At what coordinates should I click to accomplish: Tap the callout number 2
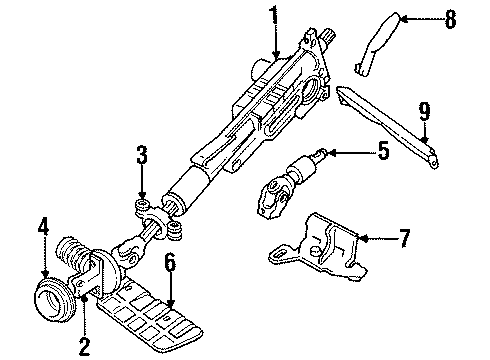(84, 347)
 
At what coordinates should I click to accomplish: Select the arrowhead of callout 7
(357, 239)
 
